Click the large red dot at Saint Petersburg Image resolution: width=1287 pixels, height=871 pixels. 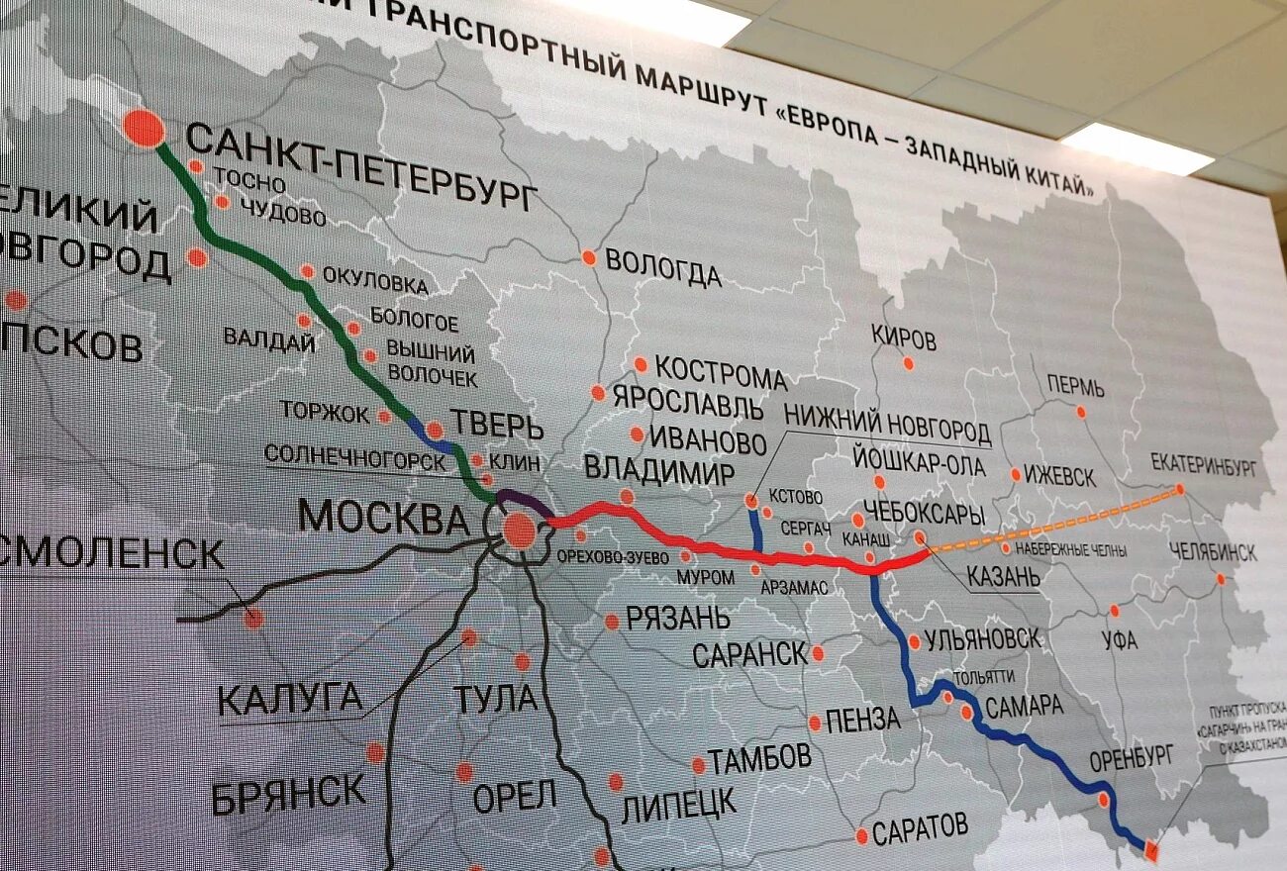click(145, 130)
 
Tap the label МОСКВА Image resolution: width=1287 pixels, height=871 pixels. click(383, 517)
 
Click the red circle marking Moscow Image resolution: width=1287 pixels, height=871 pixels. click(519, 532)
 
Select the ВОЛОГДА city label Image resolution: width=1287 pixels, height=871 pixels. click(662, 268)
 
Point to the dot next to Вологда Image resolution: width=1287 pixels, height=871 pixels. click(589, 257)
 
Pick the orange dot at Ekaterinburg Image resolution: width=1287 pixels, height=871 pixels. click(1179, 490)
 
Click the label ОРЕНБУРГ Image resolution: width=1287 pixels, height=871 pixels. click(1131, 759)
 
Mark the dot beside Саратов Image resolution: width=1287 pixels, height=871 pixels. click(861, 836)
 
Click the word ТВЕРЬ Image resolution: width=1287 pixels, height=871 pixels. click(498, 426)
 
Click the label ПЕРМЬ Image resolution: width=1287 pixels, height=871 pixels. click(1075, 386)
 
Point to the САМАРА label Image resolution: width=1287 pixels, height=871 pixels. click(1024, 705)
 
